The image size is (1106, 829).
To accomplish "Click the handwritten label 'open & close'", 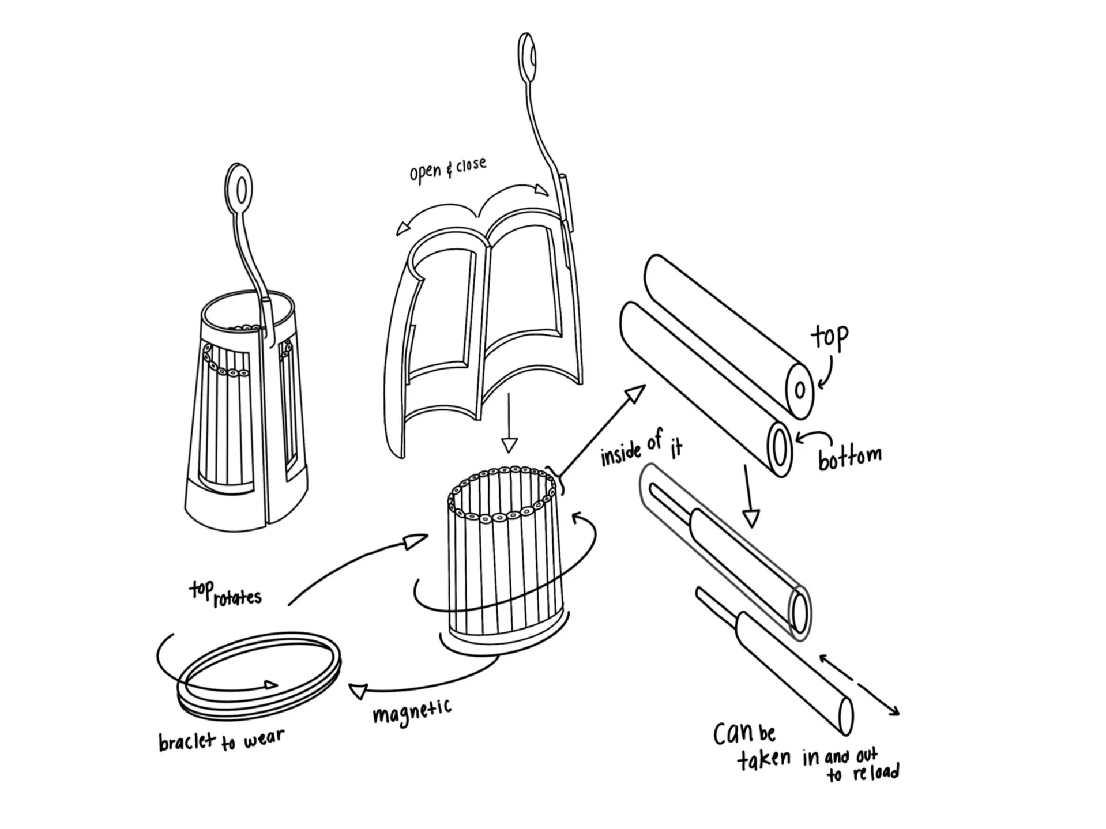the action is pyautogui.click(x=447, y=170).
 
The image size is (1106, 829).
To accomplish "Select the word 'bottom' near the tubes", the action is pyautogui.click(x=849, y=457).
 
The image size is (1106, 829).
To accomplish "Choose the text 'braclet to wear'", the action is pyautogui.click(x=221, y=740).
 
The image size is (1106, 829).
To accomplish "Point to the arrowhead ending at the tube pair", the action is pyautogui.click(x=635, y=395).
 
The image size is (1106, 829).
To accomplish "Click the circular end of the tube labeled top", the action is pyautogui.click(x=800, y=390).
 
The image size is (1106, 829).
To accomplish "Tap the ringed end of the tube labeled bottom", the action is pyautogui.click(x=780, y=449).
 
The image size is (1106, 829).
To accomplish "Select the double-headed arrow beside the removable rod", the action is pyautogui.click(x=859, y=684).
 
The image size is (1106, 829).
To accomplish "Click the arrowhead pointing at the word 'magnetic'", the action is pyautogui.click(x=359, y=690).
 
